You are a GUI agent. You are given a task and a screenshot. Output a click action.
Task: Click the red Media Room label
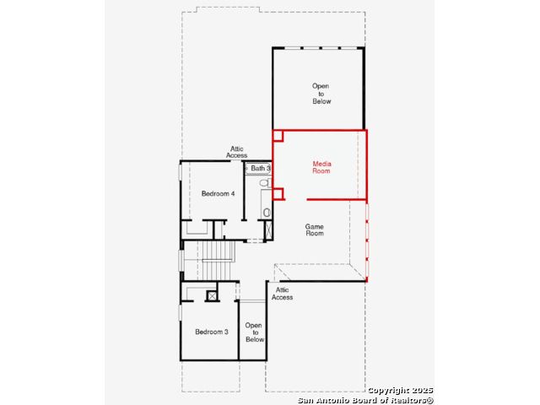pyautogui.click(x=321, y=167)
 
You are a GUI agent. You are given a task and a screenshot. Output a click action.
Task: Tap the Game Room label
pyautogui.click(x=315, y=229)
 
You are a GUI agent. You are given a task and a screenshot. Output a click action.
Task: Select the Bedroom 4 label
pyautogui.click(x=218, y=193)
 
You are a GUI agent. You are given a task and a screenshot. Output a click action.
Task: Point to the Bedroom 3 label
pyautogui.click(x=212, y=332)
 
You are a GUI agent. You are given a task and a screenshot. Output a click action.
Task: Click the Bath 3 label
pyautogui.click(x=261, y=168)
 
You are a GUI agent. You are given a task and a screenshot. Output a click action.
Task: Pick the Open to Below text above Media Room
pyautogui.click(x=321, y=94)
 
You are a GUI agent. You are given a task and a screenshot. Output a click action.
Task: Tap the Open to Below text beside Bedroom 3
pyautogui.click(x=255, y=332)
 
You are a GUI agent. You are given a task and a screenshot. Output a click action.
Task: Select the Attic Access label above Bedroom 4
pyautogui.click(x=236, y=152)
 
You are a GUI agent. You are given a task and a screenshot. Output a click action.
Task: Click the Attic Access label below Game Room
pyautogui.click(x=282, y=294)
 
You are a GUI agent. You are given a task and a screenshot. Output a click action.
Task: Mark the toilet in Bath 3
pyautogui.click(x=266, y=182)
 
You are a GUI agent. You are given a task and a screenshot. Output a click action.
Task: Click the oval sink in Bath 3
pyautogui.click(x=267, y=213)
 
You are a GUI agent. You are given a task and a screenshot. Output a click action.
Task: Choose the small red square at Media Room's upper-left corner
pyautogui.click(x=278, y=136)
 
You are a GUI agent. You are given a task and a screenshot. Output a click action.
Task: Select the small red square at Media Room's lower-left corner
pyautogui.click(x=278, y=194)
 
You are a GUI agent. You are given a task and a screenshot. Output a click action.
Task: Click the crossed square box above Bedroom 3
pyautogui.click(x=212, y=296)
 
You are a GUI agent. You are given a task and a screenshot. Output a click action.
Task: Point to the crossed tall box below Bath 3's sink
pyautogui.click(x=268, y=229)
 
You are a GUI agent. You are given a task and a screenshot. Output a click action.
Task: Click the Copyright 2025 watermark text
pyautogui.click(x=400, y=391)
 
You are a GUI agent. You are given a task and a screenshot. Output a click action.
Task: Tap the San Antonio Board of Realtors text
pyautogui.click(x=365, y=400)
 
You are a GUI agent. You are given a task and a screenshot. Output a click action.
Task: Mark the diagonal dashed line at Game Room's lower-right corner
pyautogui.click(x=358, y=273)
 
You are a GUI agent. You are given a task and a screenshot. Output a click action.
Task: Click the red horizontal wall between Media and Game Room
pyautogui.click(x=337, y=199)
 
